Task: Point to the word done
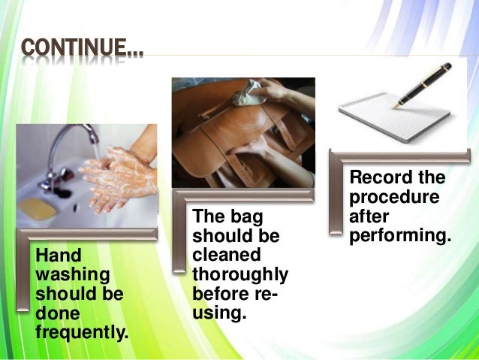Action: (x=55, y=310)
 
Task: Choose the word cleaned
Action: (x=226, y=255)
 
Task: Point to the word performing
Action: (x=399, y=234)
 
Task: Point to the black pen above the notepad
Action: (x=424, y=83)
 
